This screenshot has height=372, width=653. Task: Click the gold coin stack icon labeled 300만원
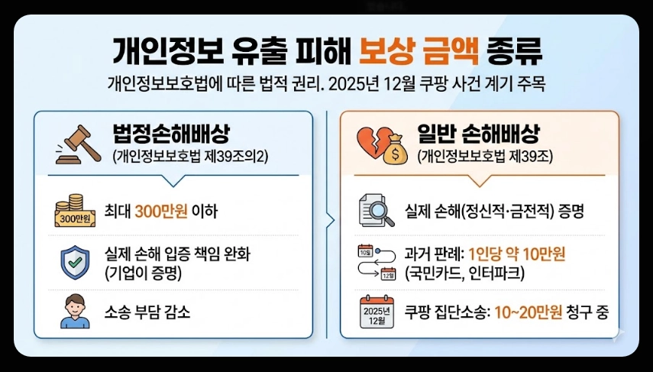73,212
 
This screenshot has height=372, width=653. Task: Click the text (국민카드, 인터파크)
463,270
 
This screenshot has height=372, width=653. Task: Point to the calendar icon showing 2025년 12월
376,313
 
